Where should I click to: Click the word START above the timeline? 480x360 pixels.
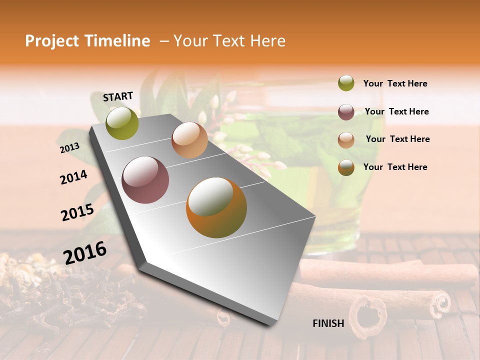(118, 96)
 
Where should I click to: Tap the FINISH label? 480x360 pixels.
(328, 323)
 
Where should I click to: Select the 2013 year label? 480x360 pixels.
(69, 147)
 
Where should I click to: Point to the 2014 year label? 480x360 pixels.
(73, 177)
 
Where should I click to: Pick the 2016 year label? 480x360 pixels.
(85, 252)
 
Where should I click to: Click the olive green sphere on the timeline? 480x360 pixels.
(122, 123)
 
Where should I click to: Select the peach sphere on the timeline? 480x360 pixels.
(189, 140)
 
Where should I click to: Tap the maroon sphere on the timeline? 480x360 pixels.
(145, 180)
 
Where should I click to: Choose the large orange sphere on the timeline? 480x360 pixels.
(216, 207)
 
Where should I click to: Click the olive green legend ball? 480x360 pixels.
(346, 83)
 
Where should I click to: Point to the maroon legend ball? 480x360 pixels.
(346, 112)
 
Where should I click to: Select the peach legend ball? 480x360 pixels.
(346, 139)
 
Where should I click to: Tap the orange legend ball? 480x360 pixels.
(346, 167)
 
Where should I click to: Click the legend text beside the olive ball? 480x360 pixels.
(395, 83)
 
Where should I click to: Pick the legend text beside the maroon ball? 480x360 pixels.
(396, 111)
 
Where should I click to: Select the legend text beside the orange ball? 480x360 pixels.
(395, 167)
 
